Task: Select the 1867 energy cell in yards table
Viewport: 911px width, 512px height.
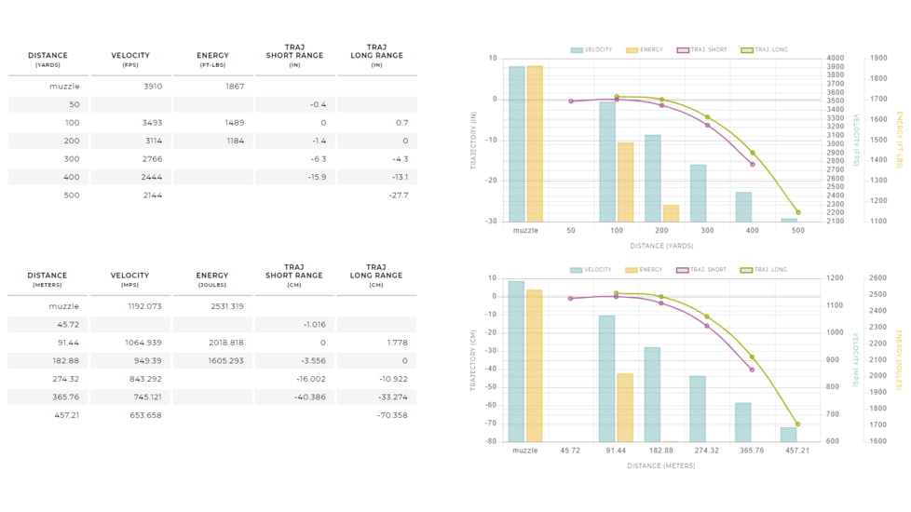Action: point(235,87)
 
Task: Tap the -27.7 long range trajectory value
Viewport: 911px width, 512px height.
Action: point(400,195)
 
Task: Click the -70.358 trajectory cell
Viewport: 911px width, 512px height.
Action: point(393,415)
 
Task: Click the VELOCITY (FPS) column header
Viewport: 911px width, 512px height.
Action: point(129,60)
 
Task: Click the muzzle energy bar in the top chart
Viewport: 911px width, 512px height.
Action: point(535,143)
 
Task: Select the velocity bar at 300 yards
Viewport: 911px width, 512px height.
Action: point(698,193)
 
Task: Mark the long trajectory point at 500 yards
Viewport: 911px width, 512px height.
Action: point(797,212)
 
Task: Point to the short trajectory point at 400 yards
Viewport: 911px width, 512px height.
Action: point(752,164)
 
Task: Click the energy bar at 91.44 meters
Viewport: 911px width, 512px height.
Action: point(625,407)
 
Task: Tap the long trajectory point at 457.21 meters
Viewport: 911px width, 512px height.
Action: point(797,424)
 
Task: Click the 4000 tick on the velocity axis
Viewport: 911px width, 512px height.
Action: point(836,59)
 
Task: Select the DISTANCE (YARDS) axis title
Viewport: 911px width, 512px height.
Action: point(662,246)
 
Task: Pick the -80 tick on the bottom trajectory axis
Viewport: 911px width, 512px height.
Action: point(493,441)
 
